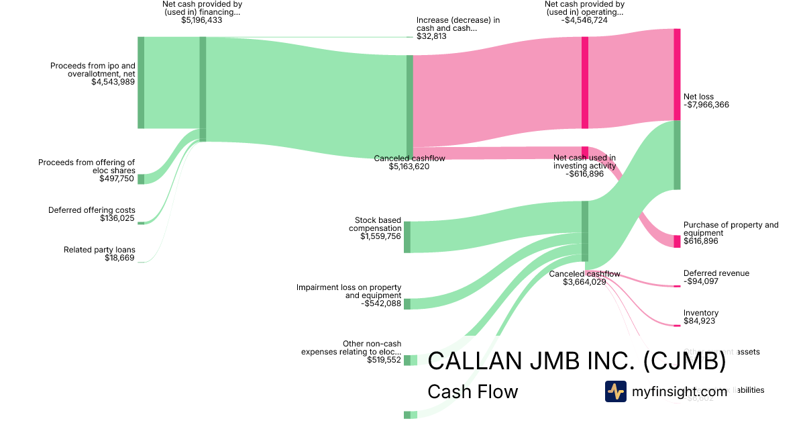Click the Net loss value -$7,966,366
pos(706,105)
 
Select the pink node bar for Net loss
pos(677,74)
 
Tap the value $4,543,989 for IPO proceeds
pos(113,82)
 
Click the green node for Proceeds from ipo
pos(141,82)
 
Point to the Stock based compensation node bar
pos(407,236)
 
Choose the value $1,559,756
pos(380,236)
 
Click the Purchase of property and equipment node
pos(677,241)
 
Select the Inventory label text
pos(700,313)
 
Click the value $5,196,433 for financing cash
pos(201,20)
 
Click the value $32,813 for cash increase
pos(431,36)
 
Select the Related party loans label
pos(99,250)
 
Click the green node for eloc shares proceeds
pos(141,179)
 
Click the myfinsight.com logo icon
pos(615,391)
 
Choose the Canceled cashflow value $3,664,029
pos(584,282)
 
